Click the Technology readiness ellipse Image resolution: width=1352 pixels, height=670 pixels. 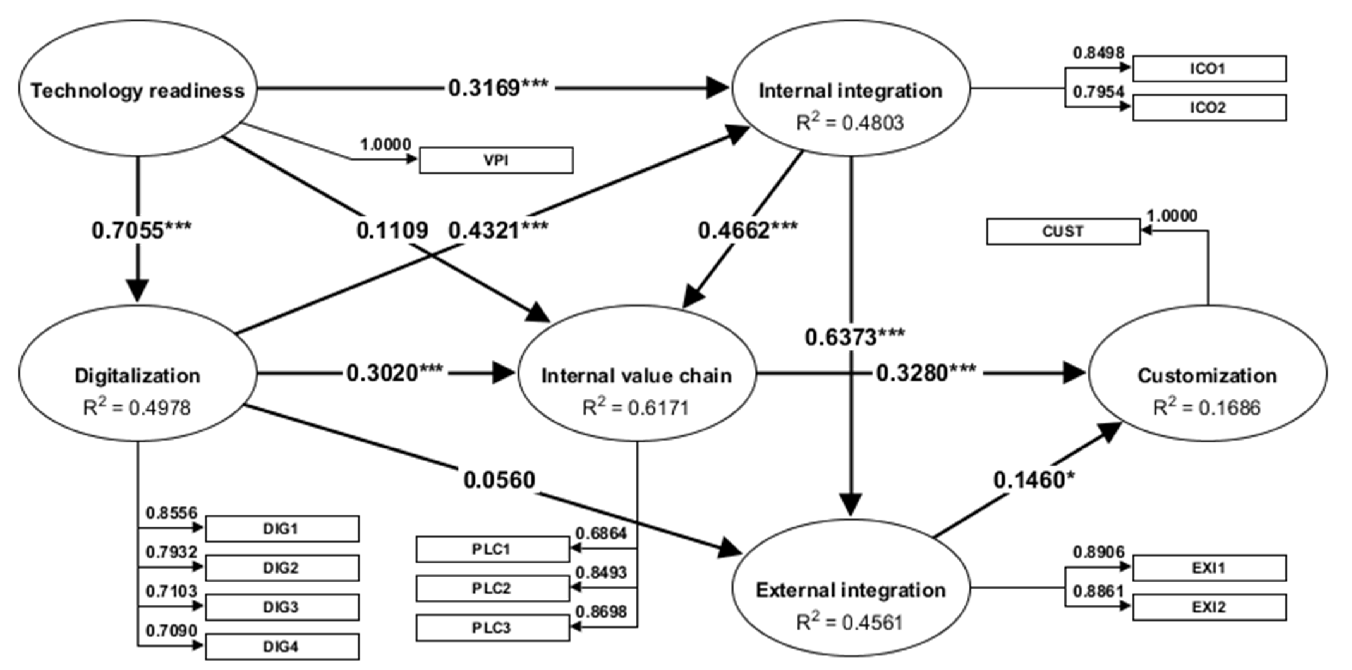click(137, 89)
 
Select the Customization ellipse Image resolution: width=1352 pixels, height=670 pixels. click(1207, 374)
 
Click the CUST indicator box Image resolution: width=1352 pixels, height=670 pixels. click(1063, 232)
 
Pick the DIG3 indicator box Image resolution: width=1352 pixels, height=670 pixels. click(282, 607)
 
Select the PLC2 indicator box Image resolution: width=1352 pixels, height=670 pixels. click(492, 588)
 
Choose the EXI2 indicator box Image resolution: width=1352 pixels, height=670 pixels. click(1209, 607)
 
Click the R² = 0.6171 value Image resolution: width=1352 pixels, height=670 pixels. click(636, 407)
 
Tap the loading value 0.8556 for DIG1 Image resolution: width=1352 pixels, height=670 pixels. click(171, 513)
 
